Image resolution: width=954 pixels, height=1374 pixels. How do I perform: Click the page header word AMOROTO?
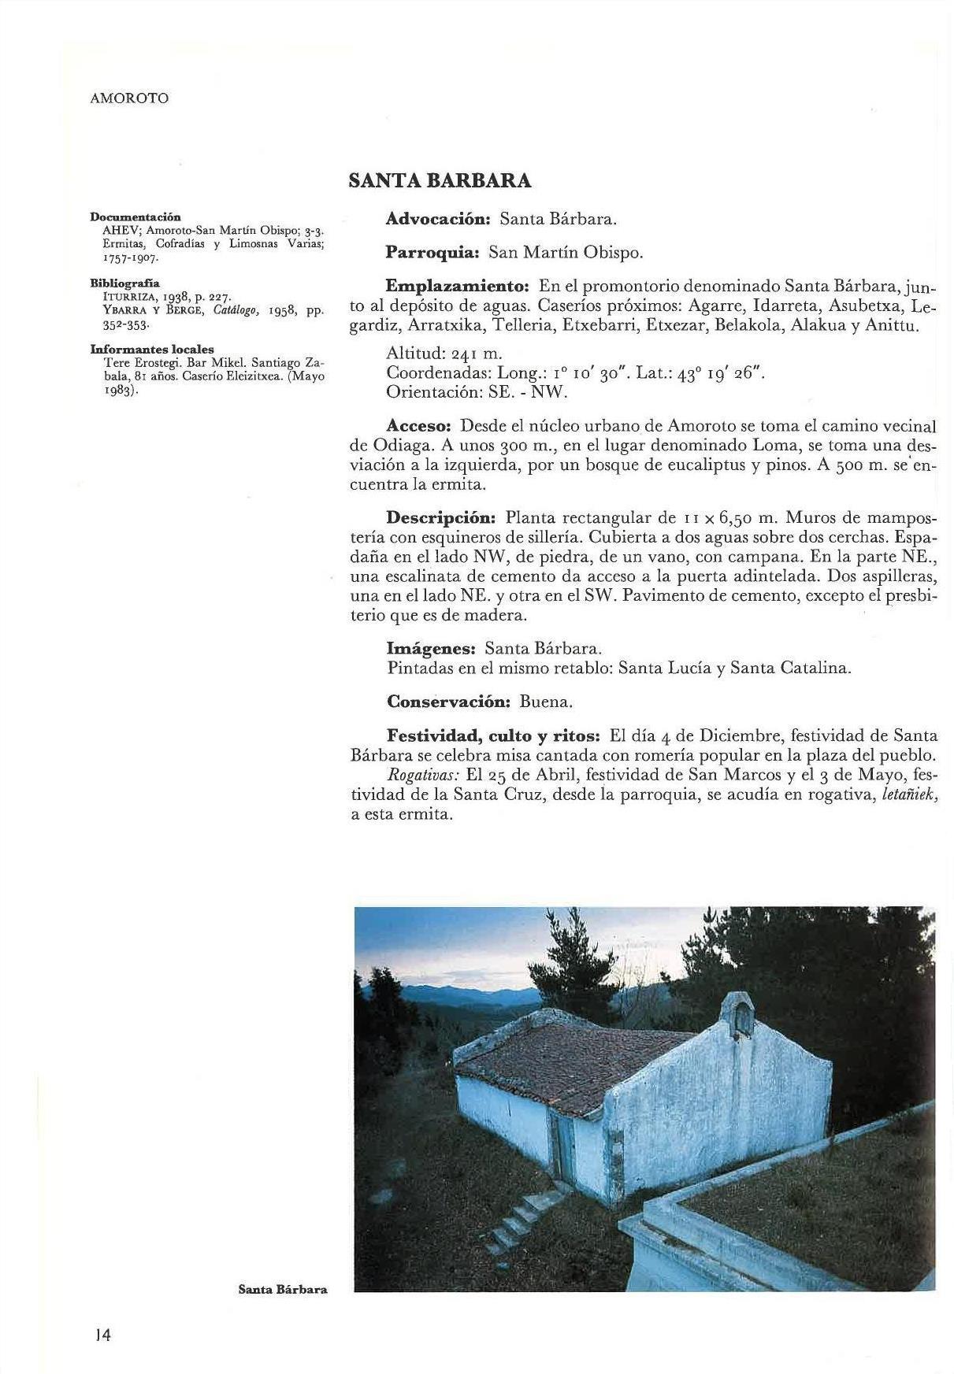click(129, 98)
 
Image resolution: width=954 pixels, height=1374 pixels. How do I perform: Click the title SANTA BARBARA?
click(440, 181)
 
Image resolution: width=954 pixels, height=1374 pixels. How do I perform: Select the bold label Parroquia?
click(432, 253)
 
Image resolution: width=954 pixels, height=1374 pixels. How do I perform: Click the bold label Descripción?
click(440, 518)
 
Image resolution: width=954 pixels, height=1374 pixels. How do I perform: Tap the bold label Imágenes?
click(431, 649)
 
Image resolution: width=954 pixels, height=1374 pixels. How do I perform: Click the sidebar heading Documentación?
click(135, 217)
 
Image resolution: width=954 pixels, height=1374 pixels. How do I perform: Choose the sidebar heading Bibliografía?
click(125, 282)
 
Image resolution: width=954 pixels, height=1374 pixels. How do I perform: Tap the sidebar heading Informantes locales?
click(152, 349)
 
